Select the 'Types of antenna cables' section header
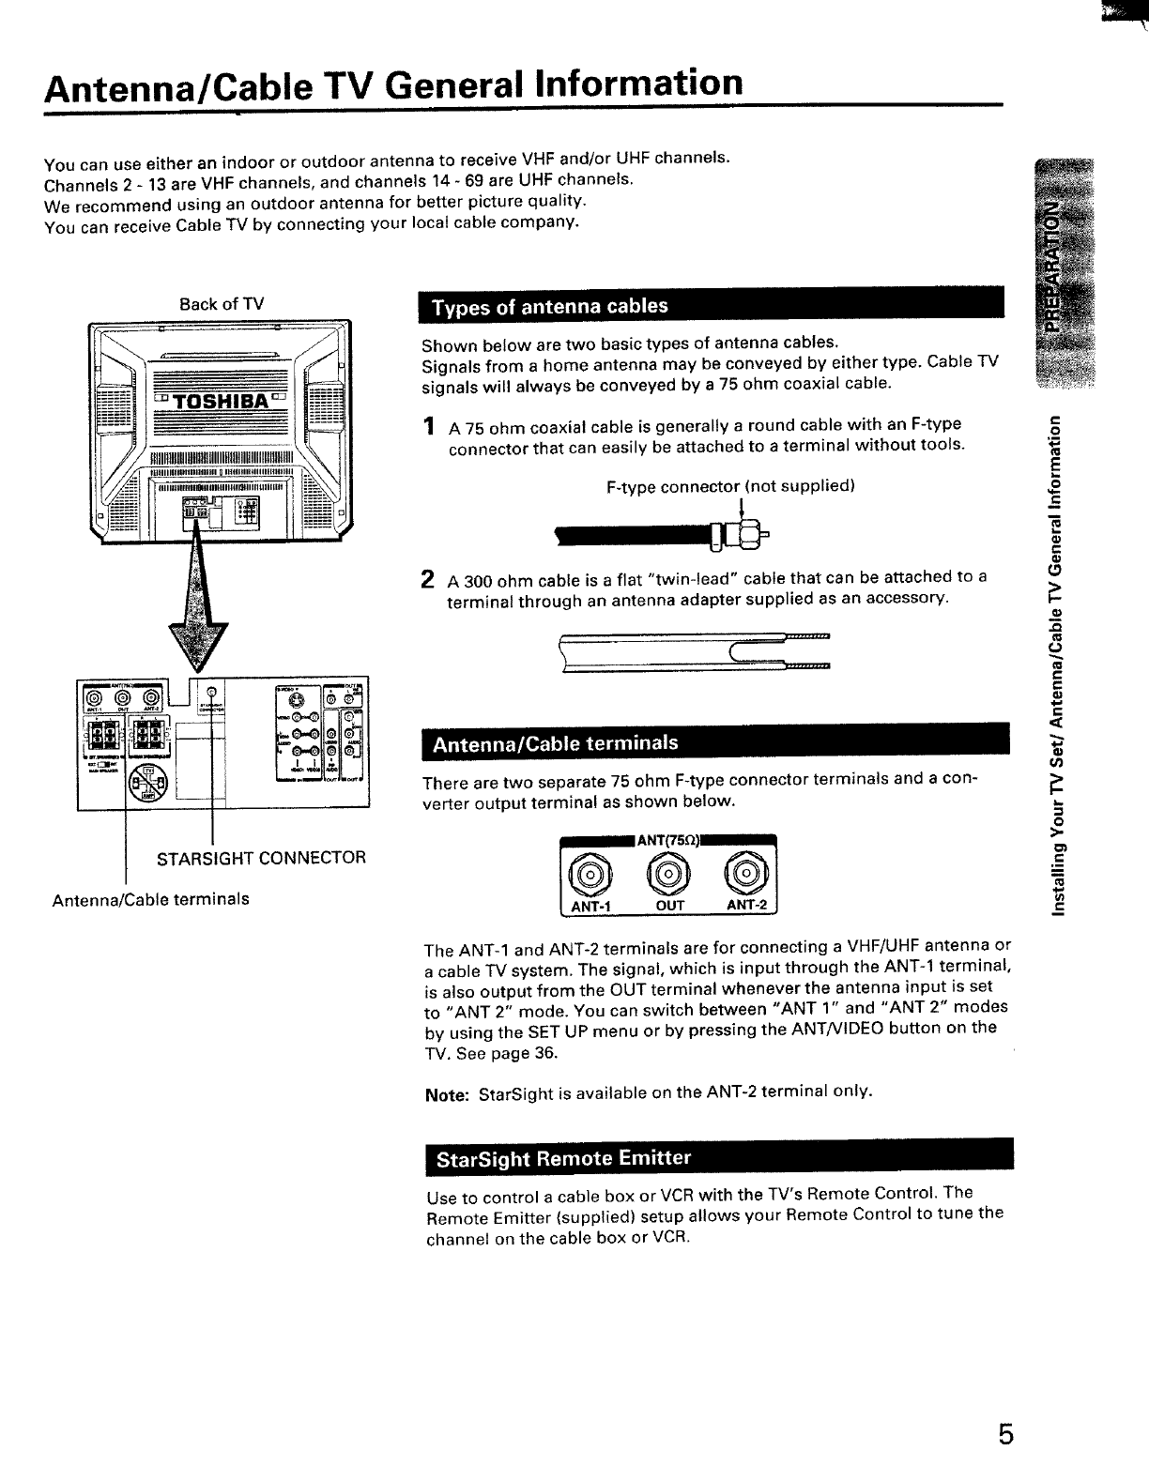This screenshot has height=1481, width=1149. (x=549, y=307)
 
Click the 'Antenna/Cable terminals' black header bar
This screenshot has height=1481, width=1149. (x=554, y=744)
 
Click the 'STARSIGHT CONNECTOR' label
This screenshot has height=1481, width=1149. (x=261, y=858)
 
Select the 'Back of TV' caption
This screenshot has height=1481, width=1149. (x=222, y=304)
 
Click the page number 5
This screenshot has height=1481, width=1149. (x=1005, y=1436)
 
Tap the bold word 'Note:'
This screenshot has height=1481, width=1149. (x=447, y=1092)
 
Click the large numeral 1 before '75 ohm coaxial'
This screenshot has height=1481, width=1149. (x=429, y=428)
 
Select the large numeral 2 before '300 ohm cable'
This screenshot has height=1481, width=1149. (x=429, y=578)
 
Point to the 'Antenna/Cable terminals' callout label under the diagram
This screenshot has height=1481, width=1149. (x=151, y=899)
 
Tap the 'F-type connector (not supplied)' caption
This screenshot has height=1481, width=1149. (x=730, y=486)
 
